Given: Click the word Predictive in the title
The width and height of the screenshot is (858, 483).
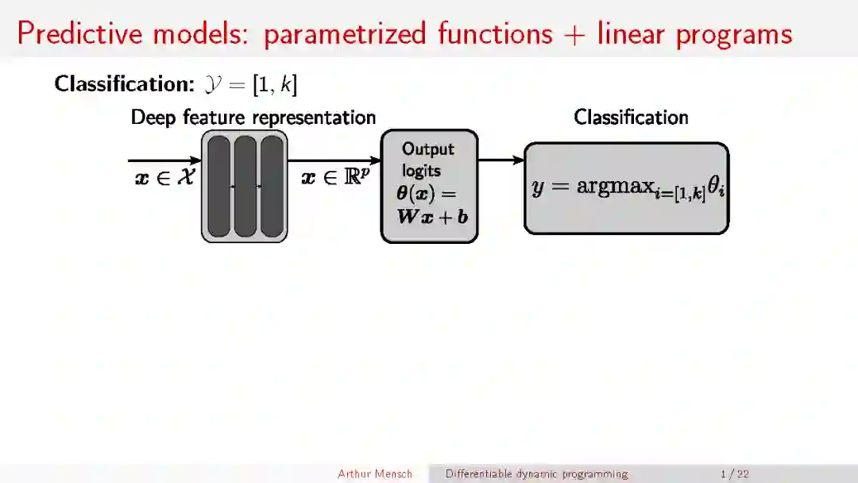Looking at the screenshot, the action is (x=79, y=33).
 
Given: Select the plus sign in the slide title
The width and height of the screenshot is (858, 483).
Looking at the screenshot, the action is (x=574, y=34).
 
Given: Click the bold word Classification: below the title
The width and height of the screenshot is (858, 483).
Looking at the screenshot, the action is (x=119, y=83).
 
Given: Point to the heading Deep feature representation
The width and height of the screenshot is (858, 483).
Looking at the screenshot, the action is (x=253, y=118).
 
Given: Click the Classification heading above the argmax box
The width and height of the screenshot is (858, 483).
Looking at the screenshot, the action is (x=631, y=118).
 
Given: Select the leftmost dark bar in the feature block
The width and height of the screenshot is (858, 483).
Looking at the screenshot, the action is (x=218, y=186).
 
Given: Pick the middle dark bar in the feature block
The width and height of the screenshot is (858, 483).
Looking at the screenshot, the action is (x=245, y=186).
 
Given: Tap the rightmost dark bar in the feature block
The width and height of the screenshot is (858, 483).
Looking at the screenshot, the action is (x=272, y=186).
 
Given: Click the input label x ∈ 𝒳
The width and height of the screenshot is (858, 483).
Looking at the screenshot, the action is (x=164, y=177).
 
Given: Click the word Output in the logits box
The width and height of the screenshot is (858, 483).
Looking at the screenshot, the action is (x=428, y=149).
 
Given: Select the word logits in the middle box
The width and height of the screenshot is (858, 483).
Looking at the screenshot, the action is (x=421, y=170).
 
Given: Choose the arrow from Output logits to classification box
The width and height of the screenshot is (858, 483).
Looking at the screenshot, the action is (x=501, y=160).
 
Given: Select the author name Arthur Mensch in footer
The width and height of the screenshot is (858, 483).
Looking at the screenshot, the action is (x=375, y=474).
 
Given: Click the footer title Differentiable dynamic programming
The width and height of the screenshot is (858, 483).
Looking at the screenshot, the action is (x=536, y=474).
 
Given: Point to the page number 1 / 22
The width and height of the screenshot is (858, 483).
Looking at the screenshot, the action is (x=735, y=474).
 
